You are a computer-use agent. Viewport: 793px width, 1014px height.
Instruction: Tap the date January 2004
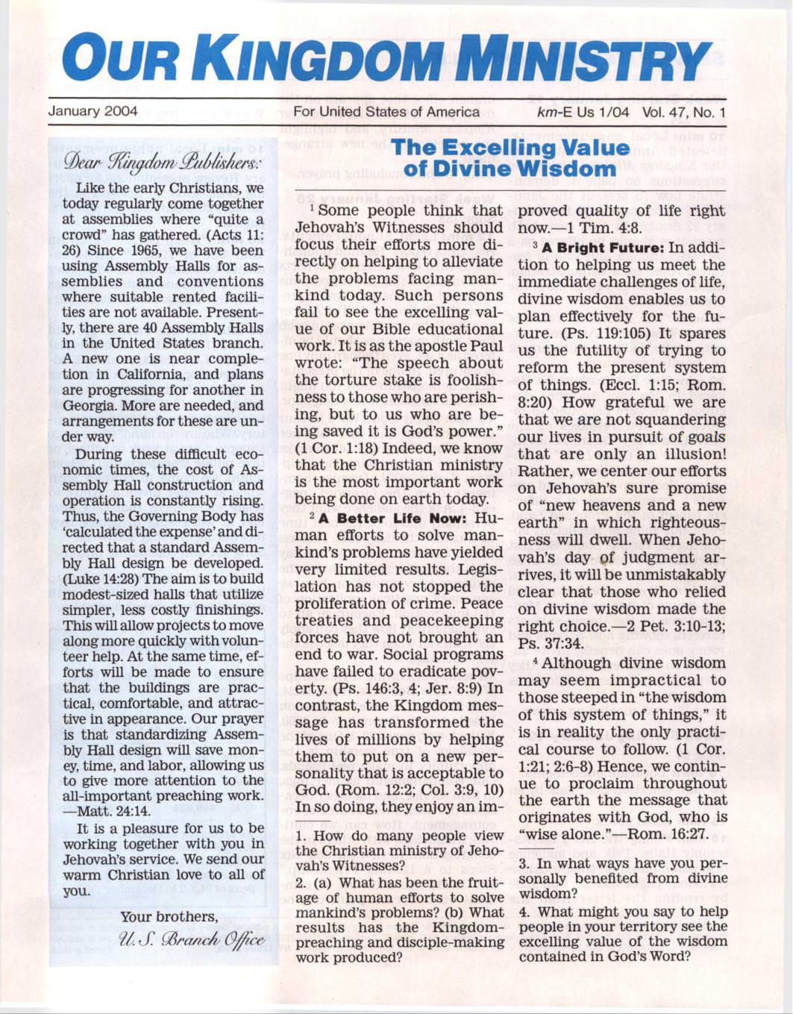93,112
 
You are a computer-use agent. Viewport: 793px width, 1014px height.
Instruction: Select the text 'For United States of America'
386,112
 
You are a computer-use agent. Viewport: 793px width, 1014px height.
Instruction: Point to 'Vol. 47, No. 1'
682,112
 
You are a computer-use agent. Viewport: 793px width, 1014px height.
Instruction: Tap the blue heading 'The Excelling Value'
510,148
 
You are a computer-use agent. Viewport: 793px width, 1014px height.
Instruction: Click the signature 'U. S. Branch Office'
192,939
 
